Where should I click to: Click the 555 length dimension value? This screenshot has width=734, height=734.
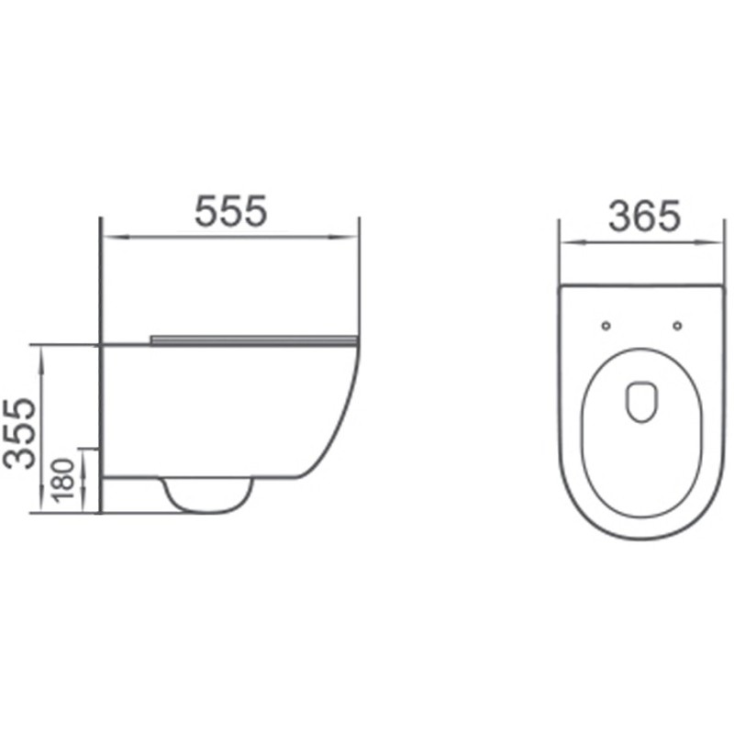pyautogui.click(x=230, y=212)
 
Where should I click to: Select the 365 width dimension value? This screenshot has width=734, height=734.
pyautogui.click(x=645, y=217)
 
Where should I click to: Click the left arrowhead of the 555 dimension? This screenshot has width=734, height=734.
pyautogui.click(x=107, y=238)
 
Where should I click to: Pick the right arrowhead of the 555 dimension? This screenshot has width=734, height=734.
pyautogui.click(x=353, y=238)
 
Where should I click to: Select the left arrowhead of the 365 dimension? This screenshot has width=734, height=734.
pyautogui.click(x=566, y=243)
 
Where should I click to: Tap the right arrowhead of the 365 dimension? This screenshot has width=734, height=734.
pyautogui.click(x=721, y=243)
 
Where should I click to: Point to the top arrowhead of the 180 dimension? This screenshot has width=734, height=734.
pyautogui.click(x=87, y=455)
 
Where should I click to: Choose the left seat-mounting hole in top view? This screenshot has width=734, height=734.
pyautogui.click(x=605, y=325)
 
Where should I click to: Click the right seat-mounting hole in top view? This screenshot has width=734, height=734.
pyautogui.click(x=677, y=325)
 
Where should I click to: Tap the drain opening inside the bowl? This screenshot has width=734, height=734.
pyautogui.click(x=640, y=402)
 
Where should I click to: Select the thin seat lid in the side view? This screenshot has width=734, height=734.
pyautogui.click(x=252, y=339)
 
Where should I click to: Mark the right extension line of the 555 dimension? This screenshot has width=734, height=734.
pyautogui.click(x=360, y=275)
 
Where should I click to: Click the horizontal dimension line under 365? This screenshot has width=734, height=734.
pyautogui.click(x=642, y=243)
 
